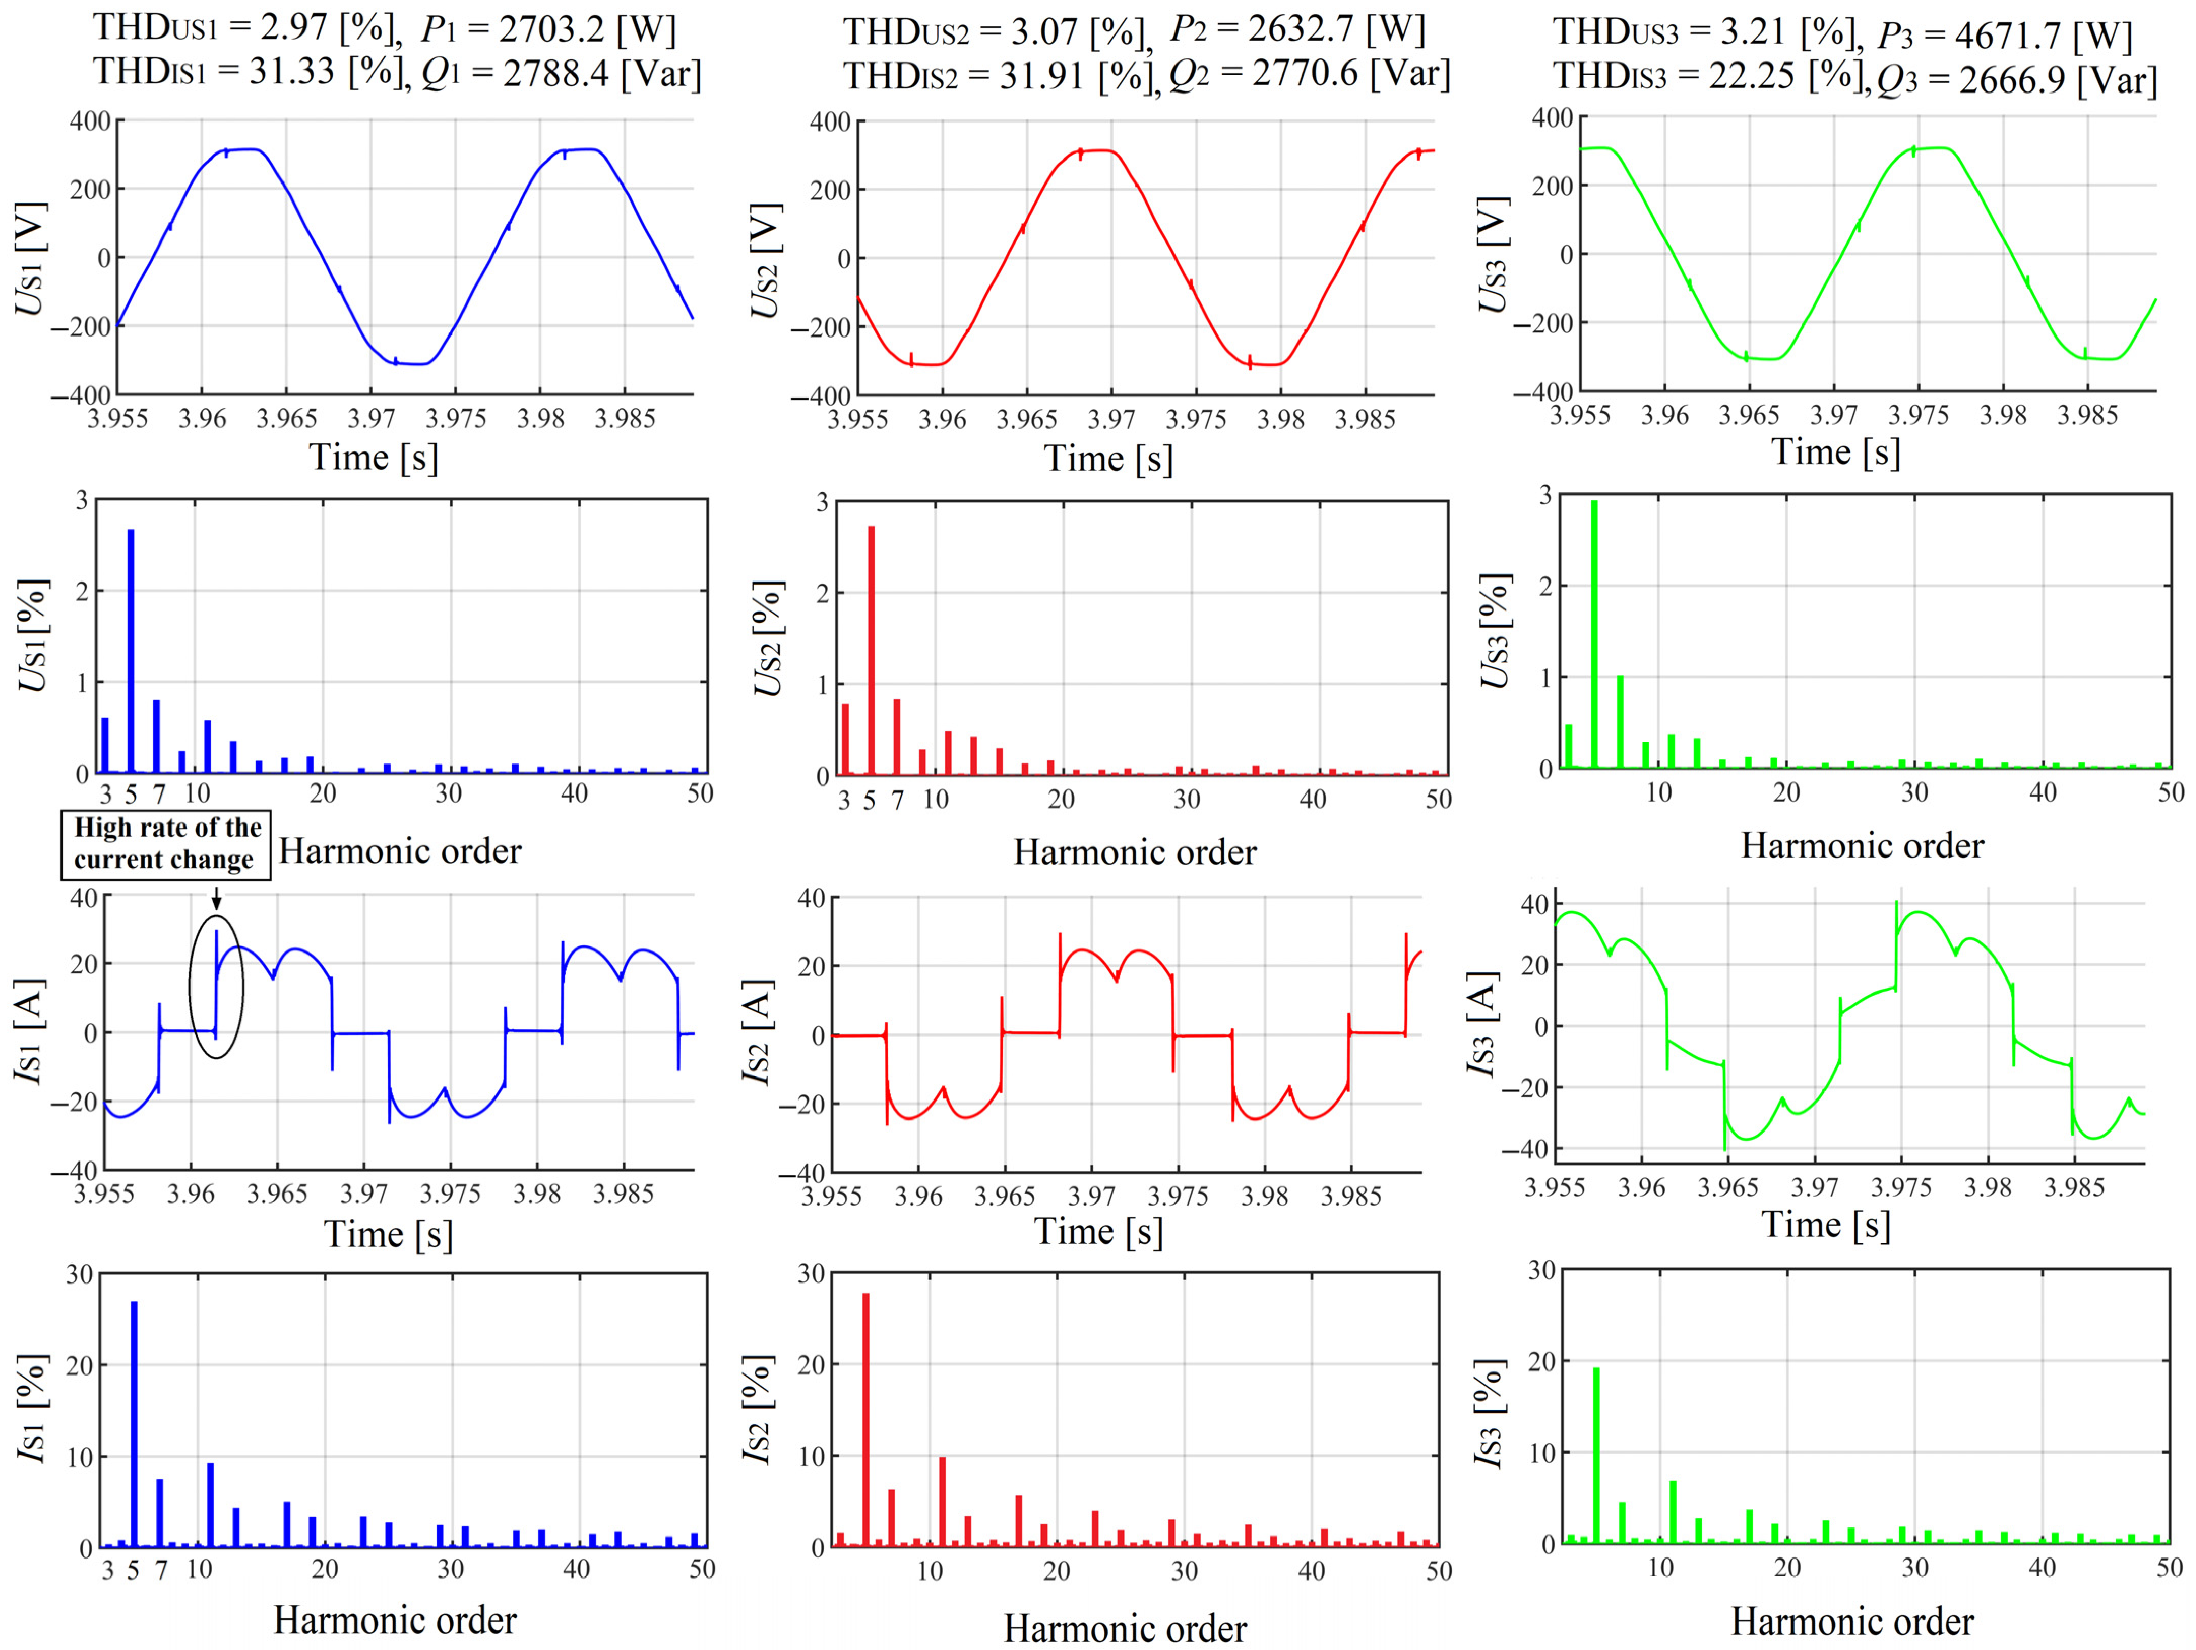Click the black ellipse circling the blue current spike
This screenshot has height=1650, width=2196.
click(215, 986)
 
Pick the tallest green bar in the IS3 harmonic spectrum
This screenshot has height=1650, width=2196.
click(1596, 1455)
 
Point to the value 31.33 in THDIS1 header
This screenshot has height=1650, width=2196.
click(291, 73)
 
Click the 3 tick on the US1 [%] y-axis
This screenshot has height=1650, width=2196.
click(81, 500)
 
